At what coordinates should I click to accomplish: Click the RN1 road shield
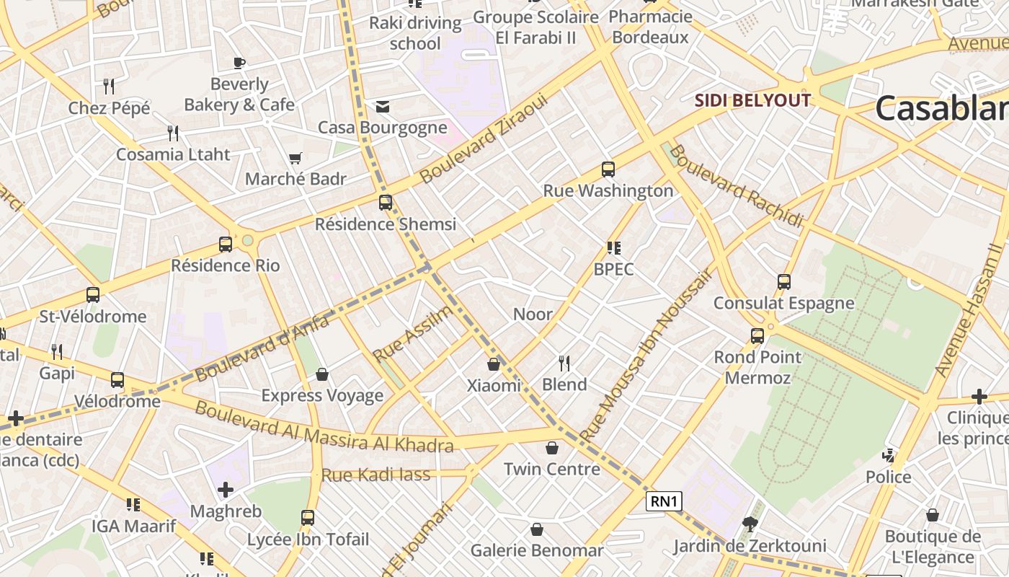(664, 501)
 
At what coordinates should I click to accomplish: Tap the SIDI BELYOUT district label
(752, 100)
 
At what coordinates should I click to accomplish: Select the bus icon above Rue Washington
(608, 169)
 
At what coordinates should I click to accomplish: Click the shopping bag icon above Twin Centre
(552, 448)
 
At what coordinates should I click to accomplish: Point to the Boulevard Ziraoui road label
(484, 138)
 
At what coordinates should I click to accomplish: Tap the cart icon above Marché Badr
(295, 158)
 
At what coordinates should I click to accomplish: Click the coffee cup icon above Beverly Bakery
(239, 63)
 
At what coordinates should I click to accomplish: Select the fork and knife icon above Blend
(564, 363)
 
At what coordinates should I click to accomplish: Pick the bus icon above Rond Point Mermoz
(757, 335)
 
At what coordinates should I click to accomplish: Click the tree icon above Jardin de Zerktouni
(750, 524)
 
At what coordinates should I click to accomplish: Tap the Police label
(888, 477)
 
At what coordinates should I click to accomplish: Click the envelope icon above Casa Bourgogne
(383, 107)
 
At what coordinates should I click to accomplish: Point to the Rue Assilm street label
(413, 333)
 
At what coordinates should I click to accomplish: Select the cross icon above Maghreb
(226, 490)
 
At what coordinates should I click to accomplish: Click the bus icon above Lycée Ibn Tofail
(308, 517)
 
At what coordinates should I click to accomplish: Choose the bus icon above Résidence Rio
(226, 244)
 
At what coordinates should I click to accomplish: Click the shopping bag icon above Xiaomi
(494, 364)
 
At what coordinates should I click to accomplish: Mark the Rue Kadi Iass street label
(375, 475)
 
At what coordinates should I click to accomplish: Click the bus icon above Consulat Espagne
(784, 281)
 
